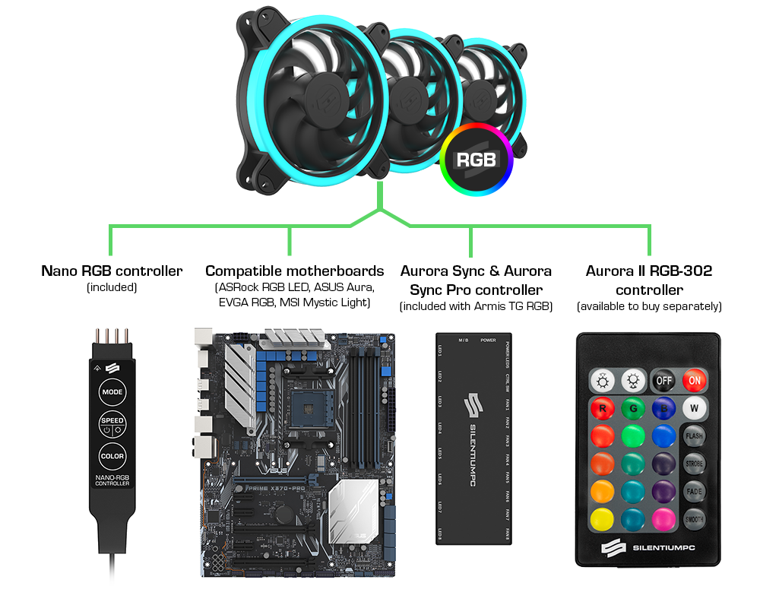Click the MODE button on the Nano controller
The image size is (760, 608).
112,392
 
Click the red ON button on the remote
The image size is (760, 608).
693,380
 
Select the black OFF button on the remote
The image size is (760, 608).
663,380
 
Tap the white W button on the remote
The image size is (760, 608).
693,408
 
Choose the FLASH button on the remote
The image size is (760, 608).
694,436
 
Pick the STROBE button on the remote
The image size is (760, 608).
694,464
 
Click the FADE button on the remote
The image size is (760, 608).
694,491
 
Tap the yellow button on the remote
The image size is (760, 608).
602,520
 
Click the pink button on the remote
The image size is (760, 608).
663,520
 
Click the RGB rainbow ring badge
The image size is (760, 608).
477,160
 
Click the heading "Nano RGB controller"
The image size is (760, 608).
112,271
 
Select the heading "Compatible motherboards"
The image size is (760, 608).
295,271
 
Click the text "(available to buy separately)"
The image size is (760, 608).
649,306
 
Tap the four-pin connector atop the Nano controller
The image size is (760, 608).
112,337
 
